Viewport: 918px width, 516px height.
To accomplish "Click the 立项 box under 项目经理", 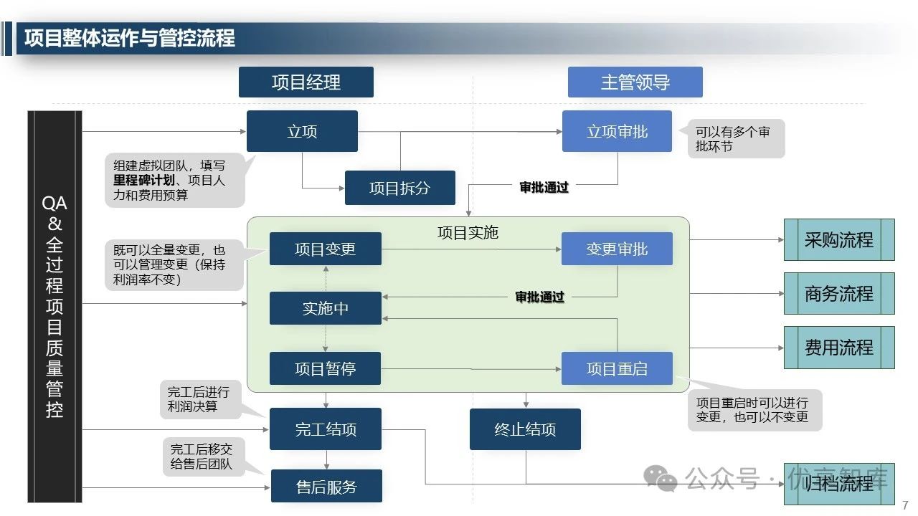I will [302, 131].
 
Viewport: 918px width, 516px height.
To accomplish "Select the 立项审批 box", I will [617, 131].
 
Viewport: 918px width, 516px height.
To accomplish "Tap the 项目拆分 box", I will [399, 188].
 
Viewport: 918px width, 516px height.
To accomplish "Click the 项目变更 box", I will [325, 249].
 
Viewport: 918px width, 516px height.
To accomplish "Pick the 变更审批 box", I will [617, 249].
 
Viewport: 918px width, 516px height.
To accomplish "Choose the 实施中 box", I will [325, 309].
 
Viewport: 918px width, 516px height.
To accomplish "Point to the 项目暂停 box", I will [325, 369].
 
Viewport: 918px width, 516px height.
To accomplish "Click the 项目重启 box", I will [617, 369].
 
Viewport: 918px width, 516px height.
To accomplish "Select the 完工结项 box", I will [325, 429].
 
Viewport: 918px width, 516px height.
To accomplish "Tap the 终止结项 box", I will [525, 429].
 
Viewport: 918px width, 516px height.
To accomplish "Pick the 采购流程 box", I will [839, 239].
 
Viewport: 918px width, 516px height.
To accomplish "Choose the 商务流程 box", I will [839, 293].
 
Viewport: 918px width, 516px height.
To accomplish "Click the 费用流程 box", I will [839, 348].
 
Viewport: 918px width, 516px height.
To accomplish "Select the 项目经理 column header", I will [306, 82].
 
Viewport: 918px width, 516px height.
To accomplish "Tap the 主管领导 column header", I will [635, 82].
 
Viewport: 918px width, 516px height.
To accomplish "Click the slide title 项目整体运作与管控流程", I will [130, 38].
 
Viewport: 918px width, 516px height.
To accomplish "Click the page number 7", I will [905, 504].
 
